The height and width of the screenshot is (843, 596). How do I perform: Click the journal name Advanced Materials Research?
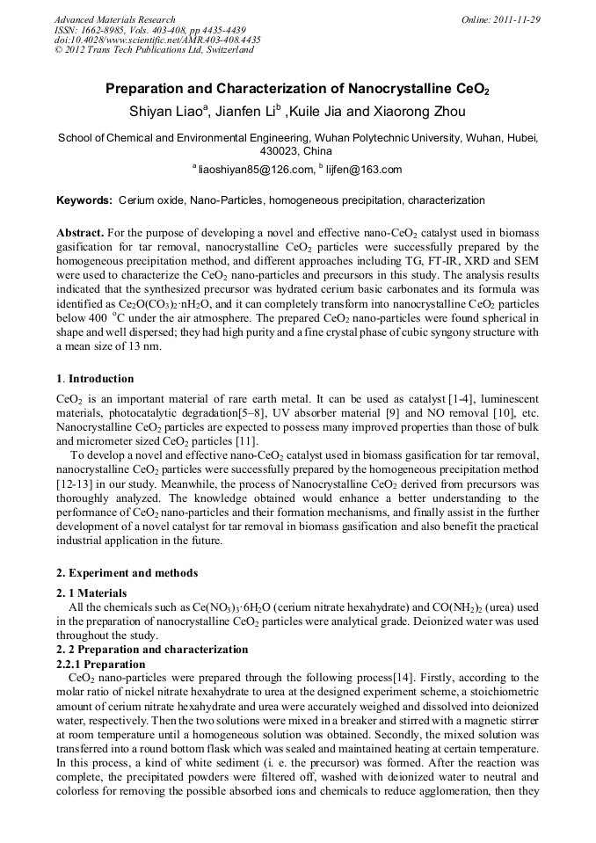pyautogui.click(x=114, y=19)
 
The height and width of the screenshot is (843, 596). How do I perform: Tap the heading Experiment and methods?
pyautogui.click(x=127, y=573)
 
